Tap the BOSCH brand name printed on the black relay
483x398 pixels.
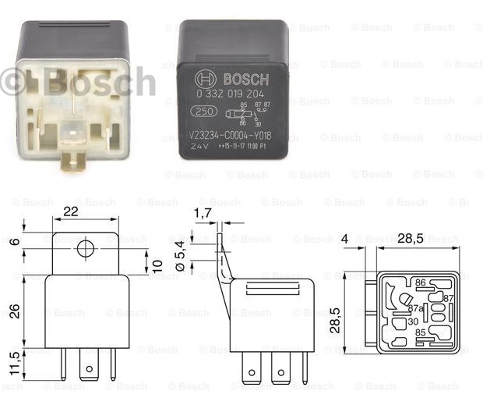[x=245, y=80]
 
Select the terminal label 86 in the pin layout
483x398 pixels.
[x=420, y=282]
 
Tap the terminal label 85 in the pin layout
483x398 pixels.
[x=420, y=332]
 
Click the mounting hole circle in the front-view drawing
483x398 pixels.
[x=85, y=250]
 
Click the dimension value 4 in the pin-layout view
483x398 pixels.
[x=345, y=239]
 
